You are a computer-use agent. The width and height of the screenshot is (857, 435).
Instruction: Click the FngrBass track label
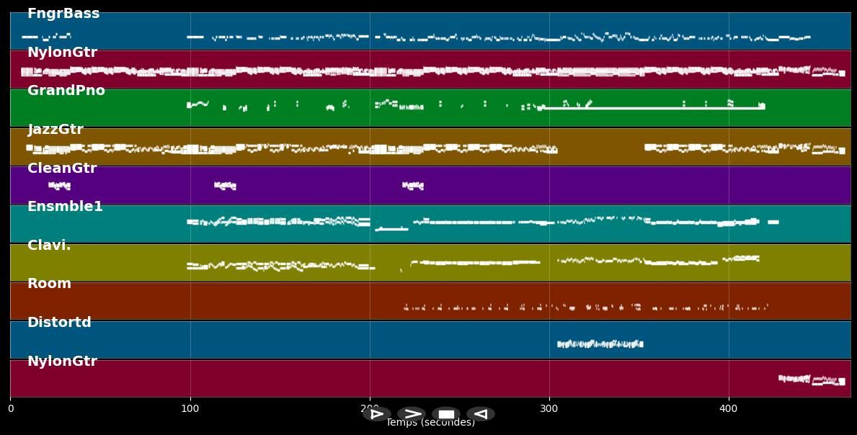point(63,14)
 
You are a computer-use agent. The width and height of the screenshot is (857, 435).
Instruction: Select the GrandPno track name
point(66,91)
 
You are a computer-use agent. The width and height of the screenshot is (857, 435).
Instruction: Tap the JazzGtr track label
point(55,130)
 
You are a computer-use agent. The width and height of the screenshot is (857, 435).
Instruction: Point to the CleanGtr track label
point(62,169)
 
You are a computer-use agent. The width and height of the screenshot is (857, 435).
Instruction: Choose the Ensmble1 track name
point(65,207)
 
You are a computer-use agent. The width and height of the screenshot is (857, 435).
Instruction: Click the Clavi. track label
point(49,246)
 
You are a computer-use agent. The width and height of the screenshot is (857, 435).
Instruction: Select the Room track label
point(49,284)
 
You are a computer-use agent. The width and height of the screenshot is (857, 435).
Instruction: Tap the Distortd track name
point(59,323)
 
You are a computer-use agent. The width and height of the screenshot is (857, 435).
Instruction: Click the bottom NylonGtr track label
point(62,362)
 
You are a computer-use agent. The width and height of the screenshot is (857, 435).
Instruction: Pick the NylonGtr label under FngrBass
point(62,53)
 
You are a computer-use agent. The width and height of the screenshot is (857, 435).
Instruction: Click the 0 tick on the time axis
point(10,409)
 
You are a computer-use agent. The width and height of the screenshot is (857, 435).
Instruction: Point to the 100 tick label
point(190,409)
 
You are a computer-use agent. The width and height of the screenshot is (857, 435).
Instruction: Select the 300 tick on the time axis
point(549,409)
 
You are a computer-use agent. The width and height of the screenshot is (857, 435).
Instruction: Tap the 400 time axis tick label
point(729,409)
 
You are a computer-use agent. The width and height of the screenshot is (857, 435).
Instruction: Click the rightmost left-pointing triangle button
point(481,414)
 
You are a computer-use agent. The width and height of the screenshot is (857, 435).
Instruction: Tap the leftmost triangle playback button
point(376,414)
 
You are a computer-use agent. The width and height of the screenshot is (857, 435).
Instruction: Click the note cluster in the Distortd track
point(600,344)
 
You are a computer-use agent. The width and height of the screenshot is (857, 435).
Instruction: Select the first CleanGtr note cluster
point(59,186)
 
